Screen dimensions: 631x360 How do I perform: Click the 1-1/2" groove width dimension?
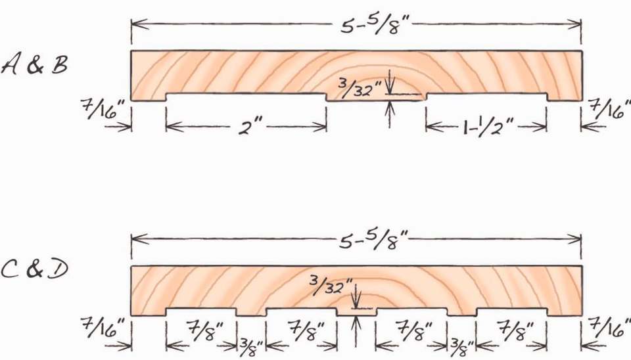[486, 125]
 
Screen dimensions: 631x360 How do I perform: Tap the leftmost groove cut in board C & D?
[200, 311]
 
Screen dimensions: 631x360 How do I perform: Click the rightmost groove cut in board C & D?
[511, 311]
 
